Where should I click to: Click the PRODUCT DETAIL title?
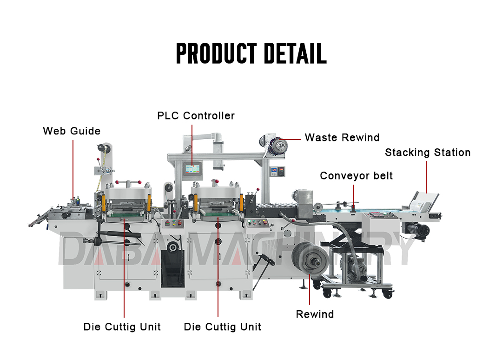point(251,53)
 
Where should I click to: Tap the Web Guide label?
point(72,131)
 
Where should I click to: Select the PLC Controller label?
point(196,115)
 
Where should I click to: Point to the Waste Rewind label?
point(342,138)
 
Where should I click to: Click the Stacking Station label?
point(428,153)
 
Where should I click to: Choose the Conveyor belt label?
point(356,176)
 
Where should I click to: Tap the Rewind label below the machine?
point(315,314)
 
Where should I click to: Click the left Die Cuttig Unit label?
point(122,327)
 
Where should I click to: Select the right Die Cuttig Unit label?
point(223,327)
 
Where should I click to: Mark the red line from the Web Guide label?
point(73,167)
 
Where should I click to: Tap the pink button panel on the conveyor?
point(378,216)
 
